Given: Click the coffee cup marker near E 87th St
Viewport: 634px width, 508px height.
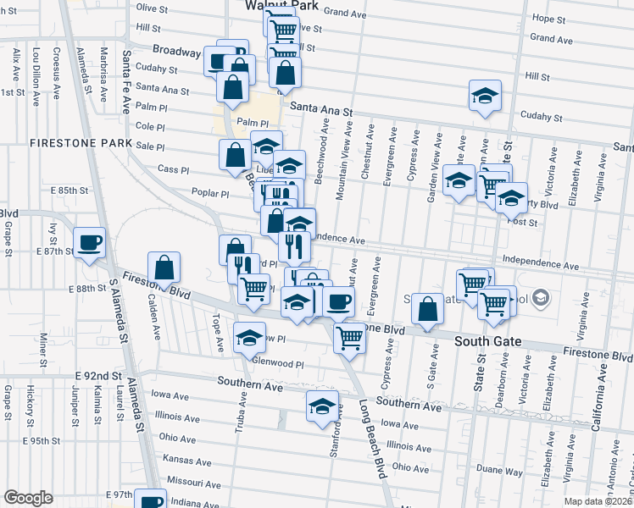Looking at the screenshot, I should coord(89,244).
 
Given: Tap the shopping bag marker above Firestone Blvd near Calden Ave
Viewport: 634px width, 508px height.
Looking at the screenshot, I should coord(164,268).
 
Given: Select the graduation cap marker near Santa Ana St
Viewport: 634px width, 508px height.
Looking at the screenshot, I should coord(485,97).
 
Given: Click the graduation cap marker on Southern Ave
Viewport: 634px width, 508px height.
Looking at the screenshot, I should coord(322,407).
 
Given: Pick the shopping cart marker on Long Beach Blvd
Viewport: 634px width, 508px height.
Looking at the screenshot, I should coord(349,339).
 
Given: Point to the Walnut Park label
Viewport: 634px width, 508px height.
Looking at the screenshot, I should coord(281,5).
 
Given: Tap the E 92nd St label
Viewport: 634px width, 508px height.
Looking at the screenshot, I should coord(99,375).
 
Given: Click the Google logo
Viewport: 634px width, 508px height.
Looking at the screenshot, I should coord(28,498).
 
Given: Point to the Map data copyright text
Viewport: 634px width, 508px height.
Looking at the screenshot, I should coord(598,501).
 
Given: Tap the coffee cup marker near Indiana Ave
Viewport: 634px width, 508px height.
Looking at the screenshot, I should coord(151,500).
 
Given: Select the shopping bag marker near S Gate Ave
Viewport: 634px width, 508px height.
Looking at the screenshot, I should coord(429,311).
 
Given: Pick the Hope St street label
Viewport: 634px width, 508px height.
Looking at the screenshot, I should coord(548,18).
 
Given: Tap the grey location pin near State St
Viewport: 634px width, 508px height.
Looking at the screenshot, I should coord(542,298).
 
